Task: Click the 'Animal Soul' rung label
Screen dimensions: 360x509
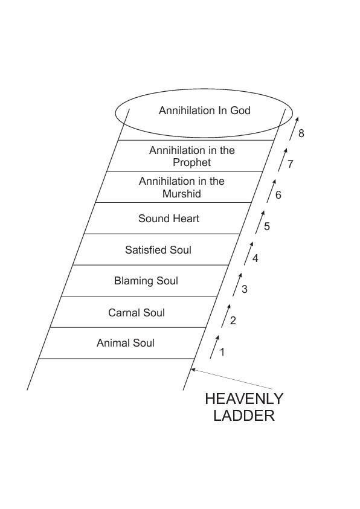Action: pos(125,343)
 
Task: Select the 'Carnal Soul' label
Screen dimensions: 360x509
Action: pos(137,313)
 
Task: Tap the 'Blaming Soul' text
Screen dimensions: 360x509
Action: pos(146,281)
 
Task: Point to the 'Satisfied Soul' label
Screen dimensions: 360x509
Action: pos(158,250)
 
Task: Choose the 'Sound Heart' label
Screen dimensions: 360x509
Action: pos(169,219)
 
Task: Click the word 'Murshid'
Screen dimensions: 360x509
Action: pos(181,194)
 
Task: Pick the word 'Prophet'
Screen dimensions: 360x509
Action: pos(191,162)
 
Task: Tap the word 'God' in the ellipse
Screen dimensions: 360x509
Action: pos(240,110)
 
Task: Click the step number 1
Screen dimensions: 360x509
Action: pos(222,352)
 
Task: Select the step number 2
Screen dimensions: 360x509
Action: pos(233,321)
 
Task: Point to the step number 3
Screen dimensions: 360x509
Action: pos(245,289)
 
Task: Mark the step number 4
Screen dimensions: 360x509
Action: pos(255,258)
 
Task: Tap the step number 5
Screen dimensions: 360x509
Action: pos(267,226)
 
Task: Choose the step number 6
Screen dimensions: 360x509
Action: pos(278,195)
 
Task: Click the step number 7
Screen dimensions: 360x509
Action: pos(290,164)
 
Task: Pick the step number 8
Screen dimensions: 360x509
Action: pos(301,133)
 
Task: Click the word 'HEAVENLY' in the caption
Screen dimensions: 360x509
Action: pos(244,399)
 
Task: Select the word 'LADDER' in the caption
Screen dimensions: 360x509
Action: pos(244,416)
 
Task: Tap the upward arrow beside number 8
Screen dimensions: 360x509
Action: pos(294,129)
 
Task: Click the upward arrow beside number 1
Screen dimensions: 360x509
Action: pos(214,347)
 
